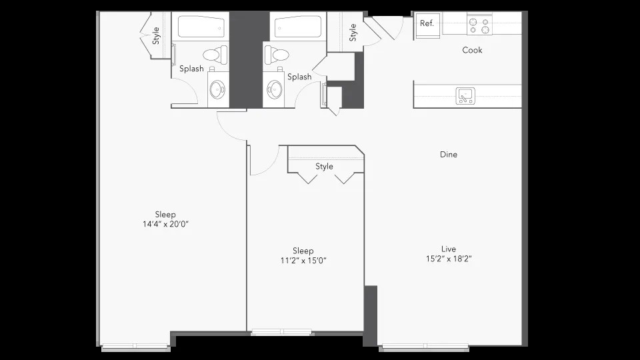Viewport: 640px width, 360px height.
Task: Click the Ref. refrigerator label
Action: pyautogui.click(x=427, y=24)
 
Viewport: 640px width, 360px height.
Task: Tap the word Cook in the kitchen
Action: pyautogui.click(x=472, y=50)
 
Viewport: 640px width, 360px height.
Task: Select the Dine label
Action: pyautogui.click(x=449, y=154)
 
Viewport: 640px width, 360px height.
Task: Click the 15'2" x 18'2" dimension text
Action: pyautogui.click(x=449, y=259)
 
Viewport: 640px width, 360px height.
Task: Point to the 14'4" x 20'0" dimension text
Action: pyautogui.click(x=165, y=224)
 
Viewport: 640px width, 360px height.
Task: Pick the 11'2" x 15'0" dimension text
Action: pyautogui.click(x=303, y=261)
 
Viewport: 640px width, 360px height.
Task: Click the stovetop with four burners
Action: pyautogui.click(x=479, y=24)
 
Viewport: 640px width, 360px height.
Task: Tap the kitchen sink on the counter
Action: pyautogui.click(x=465, y=96)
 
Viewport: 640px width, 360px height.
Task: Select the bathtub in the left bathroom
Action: pyautogui.click(x=201, y=27)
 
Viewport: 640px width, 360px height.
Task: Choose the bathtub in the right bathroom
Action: pyautogui.click(x=298, y=27)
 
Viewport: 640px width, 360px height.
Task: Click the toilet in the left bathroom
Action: pyautogui.click(x=215, y=55)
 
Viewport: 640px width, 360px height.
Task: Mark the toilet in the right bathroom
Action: pyautogui.click(x=277, y=55)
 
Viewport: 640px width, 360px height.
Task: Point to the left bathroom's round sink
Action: pyautogui.click(x=217, y=89)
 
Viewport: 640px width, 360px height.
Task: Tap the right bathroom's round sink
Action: pyautogui.click(x=275, y=89)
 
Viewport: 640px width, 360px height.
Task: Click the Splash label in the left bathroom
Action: pyautogui.click(x=191, y=69)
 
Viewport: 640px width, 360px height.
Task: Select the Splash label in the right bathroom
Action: pyautogui.click(x=299, y=77)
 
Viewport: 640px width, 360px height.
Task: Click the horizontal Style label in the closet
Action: pyautogui.click(x=324, y=167)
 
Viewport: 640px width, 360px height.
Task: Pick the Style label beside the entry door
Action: pyautogui.click(x=353, y=33)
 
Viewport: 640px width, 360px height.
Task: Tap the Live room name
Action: pyautogui.click(x=449, y=249)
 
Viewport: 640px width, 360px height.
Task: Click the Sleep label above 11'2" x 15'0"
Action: pyautogui.click(x=303, y=251)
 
